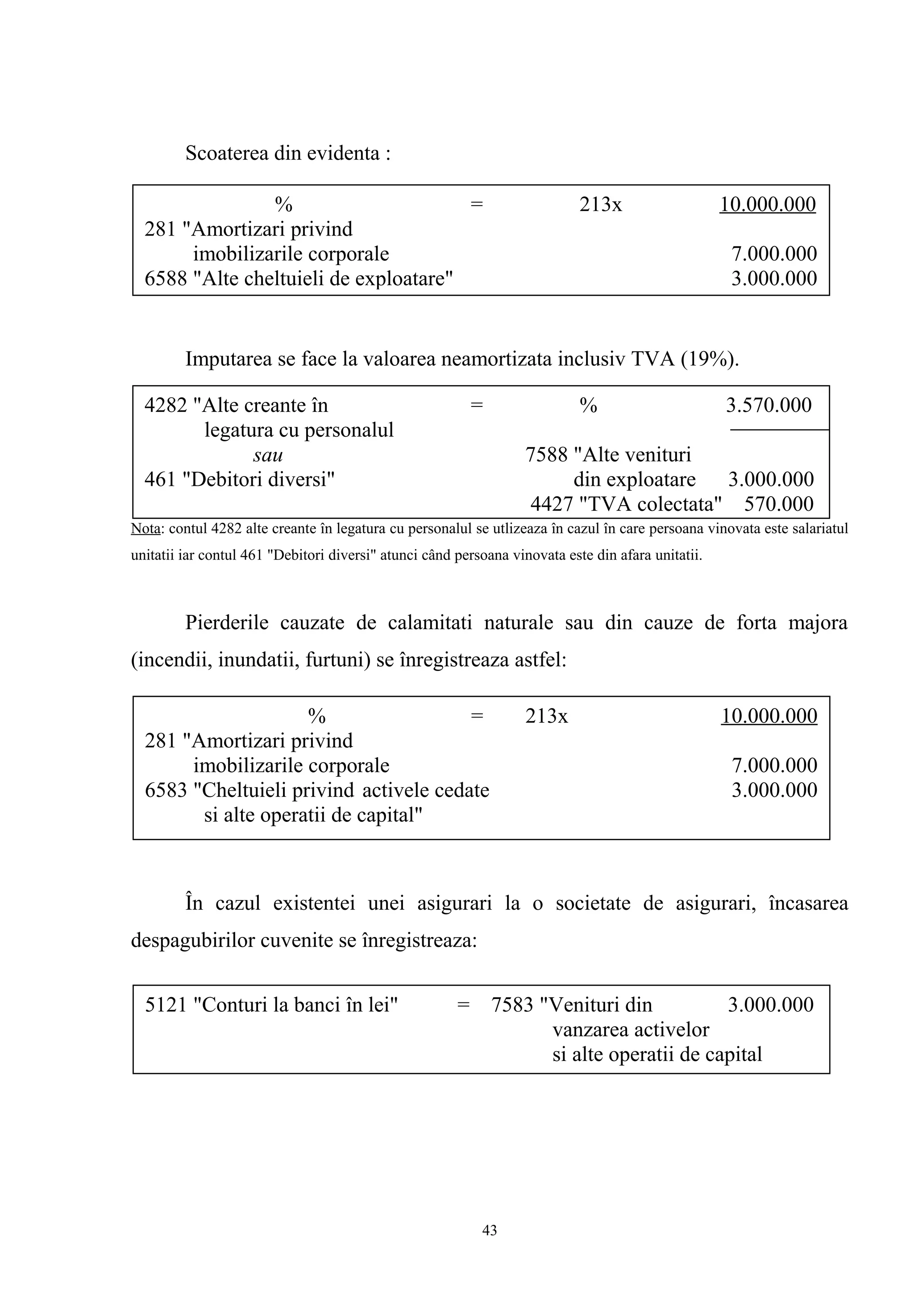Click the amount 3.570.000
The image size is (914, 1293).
tap(768, 405)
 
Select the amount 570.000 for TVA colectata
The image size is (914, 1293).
tap(778, 504)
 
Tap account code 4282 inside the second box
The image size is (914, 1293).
tap(166, 405)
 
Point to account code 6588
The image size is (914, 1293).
tap(166, 278)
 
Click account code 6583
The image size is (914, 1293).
tap(166, 790)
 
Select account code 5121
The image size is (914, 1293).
tap(166, 1005)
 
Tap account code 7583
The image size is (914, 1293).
tap(512, 1005)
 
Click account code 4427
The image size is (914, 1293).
tap(551, 504)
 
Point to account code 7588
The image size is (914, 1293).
tap(546, 455)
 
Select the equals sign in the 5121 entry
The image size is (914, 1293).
tap(463, 1005)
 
